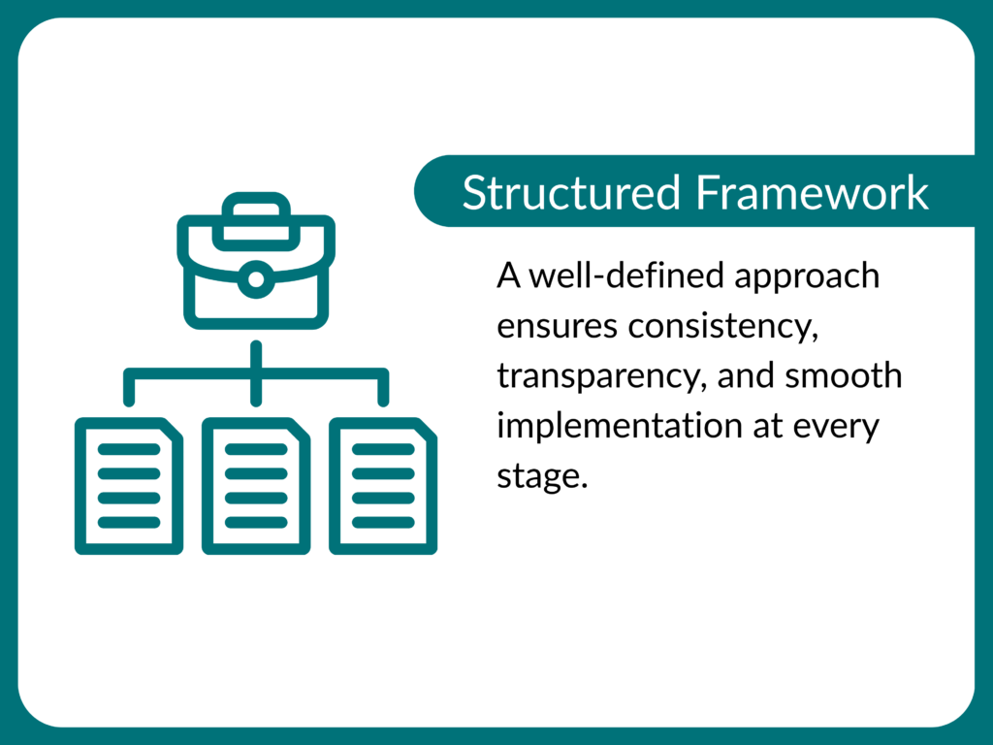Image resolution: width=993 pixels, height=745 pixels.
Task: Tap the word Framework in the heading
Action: click(x=812, y=193)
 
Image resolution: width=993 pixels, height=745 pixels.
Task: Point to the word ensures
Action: click(x=557, y=327)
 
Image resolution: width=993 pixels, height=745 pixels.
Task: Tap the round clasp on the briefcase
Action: click(x=256, y=280)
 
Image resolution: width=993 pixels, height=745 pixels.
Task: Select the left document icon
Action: click(x=129, y=485)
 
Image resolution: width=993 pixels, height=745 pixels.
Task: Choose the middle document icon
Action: click(x=256, y=485)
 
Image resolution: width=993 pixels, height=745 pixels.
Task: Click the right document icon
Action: click(x=383, y=485)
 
